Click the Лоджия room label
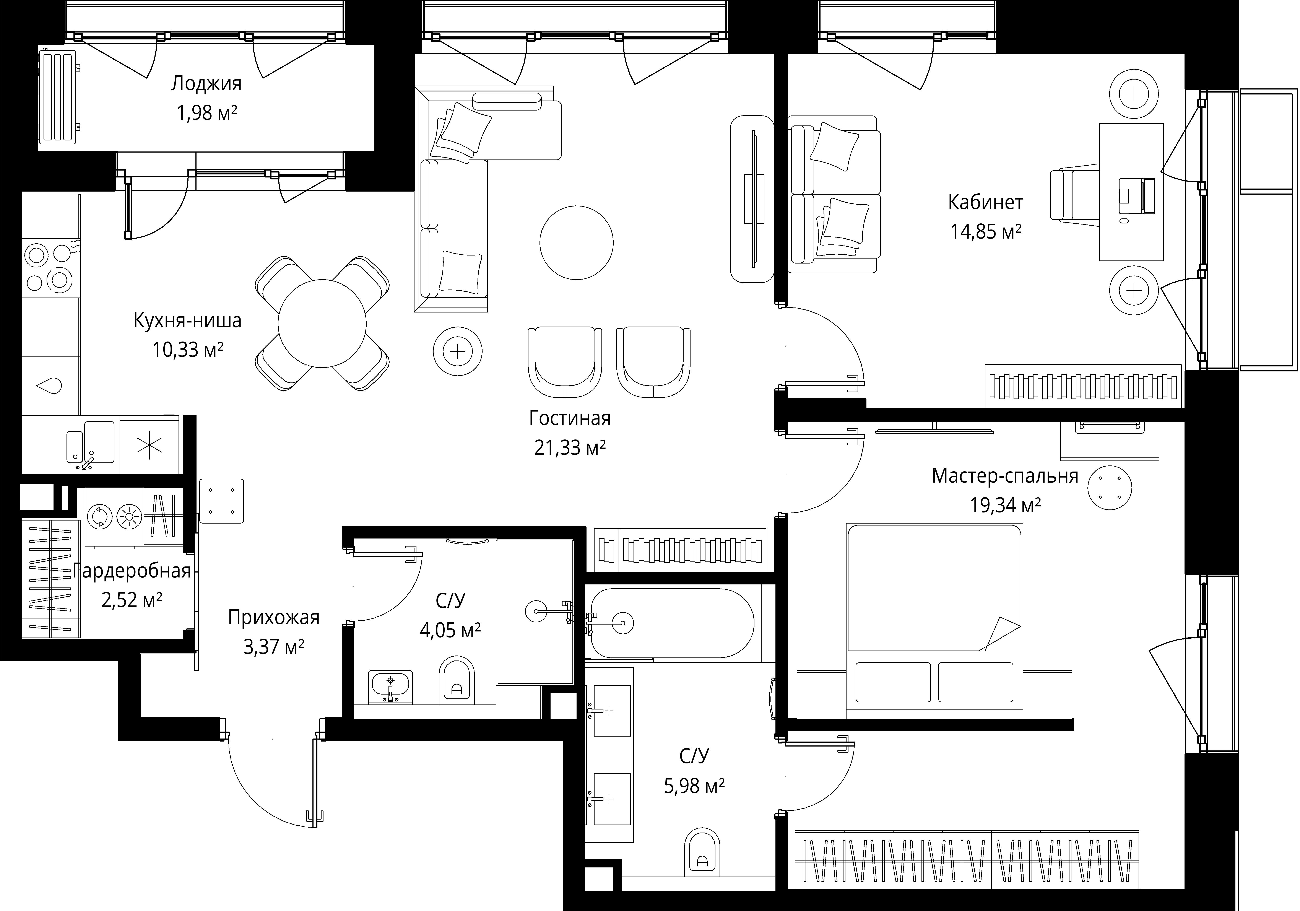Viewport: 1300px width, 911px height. pyautogui.click(x=206, y=84)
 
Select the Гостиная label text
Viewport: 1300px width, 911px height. pyautogui.click(x=570, y=418)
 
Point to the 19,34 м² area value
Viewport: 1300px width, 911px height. pyautogui.click(x=1006, y=505)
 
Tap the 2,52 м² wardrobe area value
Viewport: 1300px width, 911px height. pyautogui.click(x=132, y=600)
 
